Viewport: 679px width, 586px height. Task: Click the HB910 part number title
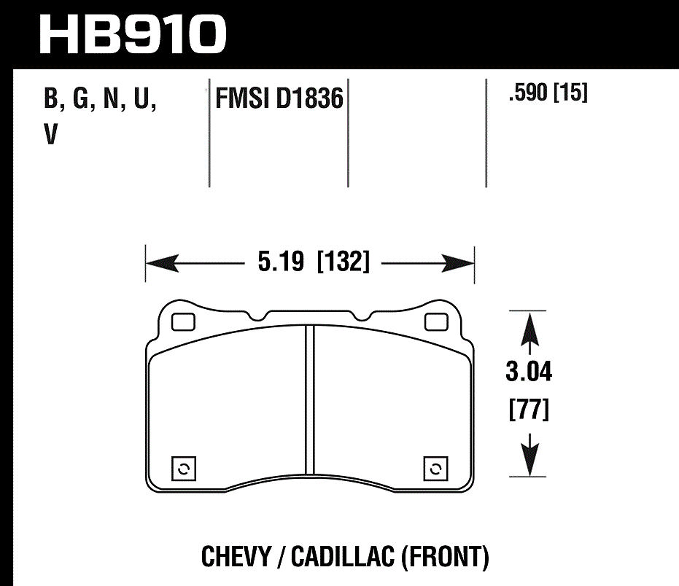[x=132, y=34]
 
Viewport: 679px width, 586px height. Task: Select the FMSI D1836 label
[x=278, y=98]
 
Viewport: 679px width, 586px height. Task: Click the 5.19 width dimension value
[x=280, y=262]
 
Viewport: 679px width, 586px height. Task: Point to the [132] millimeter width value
[x=344, y=262]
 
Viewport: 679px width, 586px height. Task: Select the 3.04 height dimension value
[x=529, y=373]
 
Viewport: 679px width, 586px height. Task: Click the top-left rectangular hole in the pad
[x=182, y=321]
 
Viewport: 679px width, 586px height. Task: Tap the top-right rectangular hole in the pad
[x=436, y=321]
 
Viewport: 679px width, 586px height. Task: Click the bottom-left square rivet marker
[x=183, y=469]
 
